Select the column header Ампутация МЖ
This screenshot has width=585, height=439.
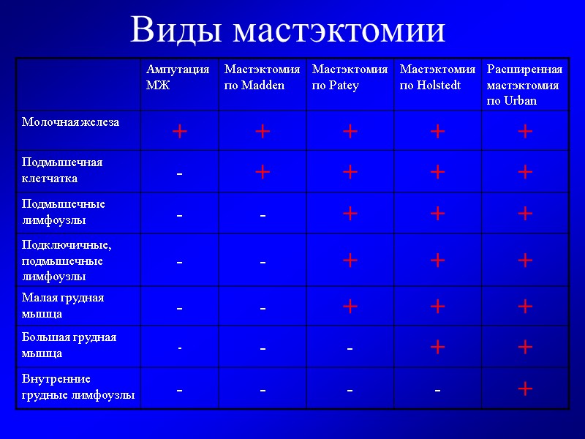click(x=178, y=77)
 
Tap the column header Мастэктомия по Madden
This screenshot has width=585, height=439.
click(x=262, y=77)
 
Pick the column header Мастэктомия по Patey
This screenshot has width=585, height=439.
click(x=350, y=77)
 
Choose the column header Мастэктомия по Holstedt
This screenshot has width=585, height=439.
click(x=437, y=77)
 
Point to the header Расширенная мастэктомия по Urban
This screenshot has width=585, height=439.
click(x=524, y=84)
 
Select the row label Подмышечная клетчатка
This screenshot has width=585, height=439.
click(x=62, y=170)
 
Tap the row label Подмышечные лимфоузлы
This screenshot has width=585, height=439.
click(x=64, y=211)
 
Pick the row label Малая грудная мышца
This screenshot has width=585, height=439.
click(x=63, y=305)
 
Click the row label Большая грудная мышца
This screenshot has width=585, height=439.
click(x=69, y=345)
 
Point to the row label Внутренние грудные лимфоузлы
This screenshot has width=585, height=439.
click(x=78, y=386)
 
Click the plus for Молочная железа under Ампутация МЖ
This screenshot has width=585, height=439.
click(x=179, y=132)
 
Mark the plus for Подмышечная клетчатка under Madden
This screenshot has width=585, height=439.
click(x=263, y=172)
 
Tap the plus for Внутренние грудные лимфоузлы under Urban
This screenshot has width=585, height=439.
click(x=524, y=389)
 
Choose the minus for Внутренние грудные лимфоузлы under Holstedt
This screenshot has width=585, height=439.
click(x=437, y=390)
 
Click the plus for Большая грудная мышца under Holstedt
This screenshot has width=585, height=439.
click(x=437, y=347)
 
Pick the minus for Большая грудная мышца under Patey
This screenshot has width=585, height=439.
click(x=350, y=349)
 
